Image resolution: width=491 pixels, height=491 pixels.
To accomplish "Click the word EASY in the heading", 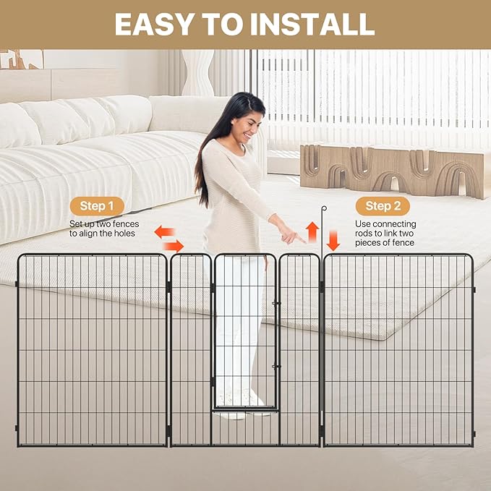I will [153, 24].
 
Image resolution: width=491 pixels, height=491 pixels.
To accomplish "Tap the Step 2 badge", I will [383, 206].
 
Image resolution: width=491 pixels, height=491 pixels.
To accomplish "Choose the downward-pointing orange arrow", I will [332, 239].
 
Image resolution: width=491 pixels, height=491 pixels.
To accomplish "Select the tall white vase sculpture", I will [198, 72].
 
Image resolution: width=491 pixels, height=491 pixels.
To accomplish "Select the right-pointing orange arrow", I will [174, 246].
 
